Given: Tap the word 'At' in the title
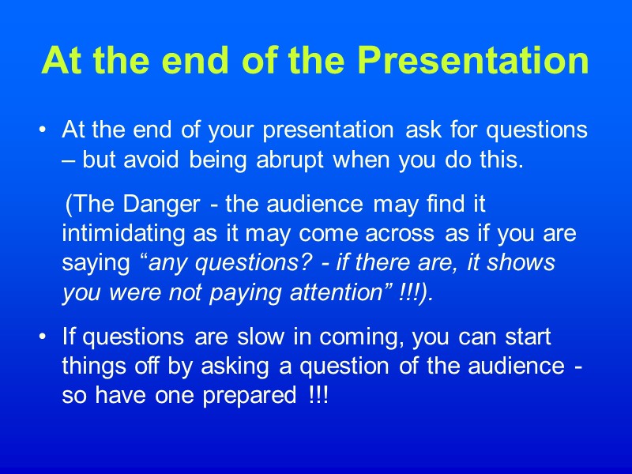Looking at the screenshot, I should (61, 61).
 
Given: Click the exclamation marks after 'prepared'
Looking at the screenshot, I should (318, 395).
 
